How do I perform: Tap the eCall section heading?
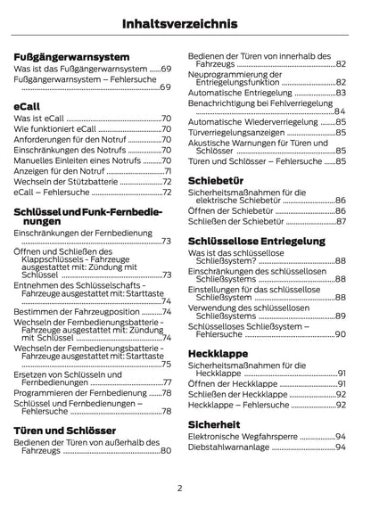pos(27,104)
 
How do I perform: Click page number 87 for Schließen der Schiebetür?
pos(341,221)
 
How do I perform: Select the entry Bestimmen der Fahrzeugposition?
pos(77,312)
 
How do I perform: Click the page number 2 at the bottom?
pos(179,488)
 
